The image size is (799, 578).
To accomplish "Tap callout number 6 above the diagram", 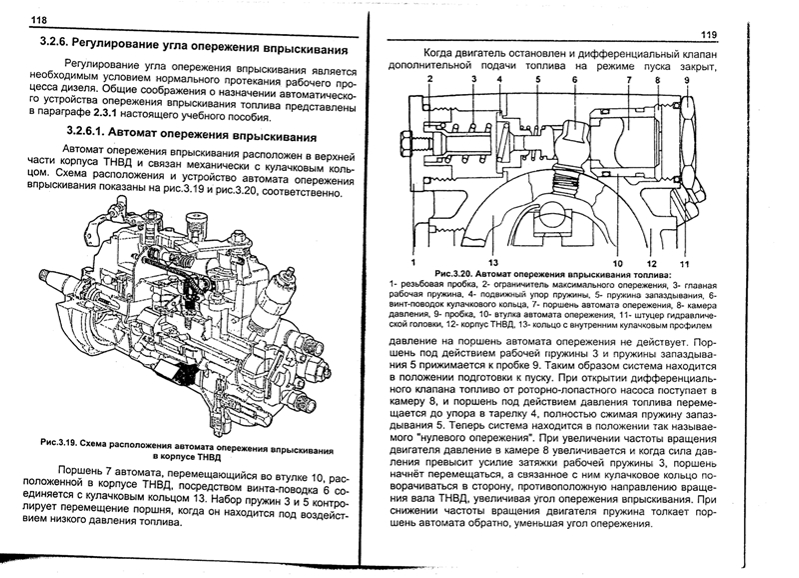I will point(574,79).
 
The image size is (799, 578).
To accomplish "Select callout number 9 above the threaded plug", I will point(686,79).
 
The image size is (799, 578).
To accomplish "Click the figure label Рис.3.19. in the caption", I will point(59,440).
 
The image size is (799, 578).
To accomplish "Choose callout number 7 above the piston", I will point(629,79).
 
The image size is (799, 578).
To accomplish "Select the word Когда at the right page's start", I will point(442,53).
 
